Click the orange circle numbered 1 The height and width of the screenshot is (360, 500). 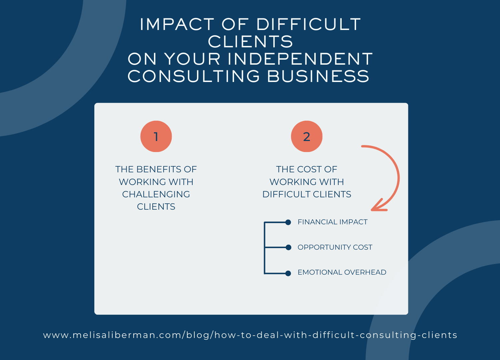156,136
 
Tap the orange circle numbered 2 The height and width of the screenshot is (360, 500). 307,136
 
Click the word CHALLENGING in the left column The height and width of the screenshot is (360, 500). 156,194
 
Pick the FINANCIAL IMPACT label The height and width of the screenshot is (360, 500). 332,222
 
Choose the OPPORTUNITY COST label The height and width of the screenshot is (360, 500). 335,247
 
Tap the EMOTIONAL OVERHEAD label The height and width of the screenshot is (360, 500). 342,272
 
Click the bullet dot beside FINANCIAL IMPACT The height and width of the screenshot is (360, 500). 288,222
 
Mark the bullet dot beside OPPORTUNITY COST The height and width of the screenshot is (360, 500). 288,247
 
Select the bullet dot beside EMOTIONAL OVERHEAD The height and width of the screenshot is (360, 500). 288,273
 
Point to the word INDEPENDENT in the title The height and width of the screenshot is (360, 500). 300,59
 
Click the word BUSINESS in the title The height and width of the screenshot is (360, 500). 318,76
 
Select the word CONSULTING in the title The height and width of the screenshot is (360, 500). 194,76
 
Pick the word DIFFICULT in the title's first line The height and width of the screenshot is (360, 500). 308,25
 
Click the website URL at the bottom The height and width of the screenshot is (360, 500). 250,335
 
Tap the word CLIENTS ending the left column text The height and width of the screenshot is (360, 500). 156,207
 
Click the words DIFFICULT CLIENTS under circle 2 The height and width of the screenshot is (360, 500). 307,194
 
